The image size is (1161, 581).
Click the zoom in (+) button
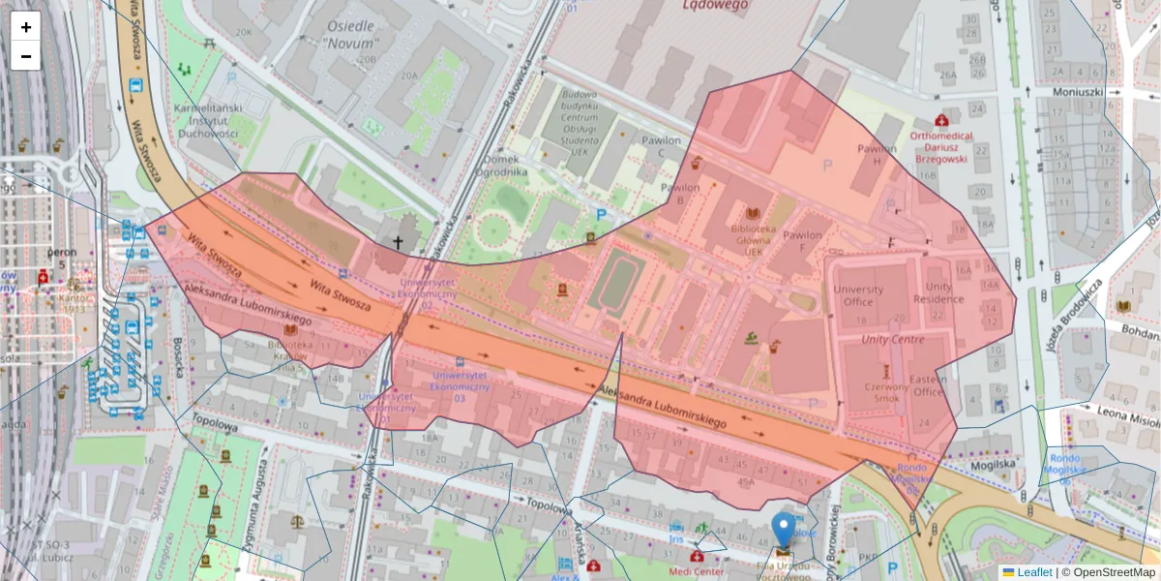tap(26, 27)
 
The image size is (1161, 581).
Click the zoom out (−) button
tap(26, 56)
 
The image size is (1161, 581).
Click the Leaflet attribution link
tap(1033, 572)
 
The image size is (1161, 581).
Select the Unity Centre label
tap(892, 340)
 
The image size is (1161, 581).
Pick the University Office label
tap(858, 295)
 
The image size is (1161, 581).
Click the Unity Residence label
tap(944, 293)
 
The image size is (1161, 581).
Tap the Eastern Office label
tap(928, 385)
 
